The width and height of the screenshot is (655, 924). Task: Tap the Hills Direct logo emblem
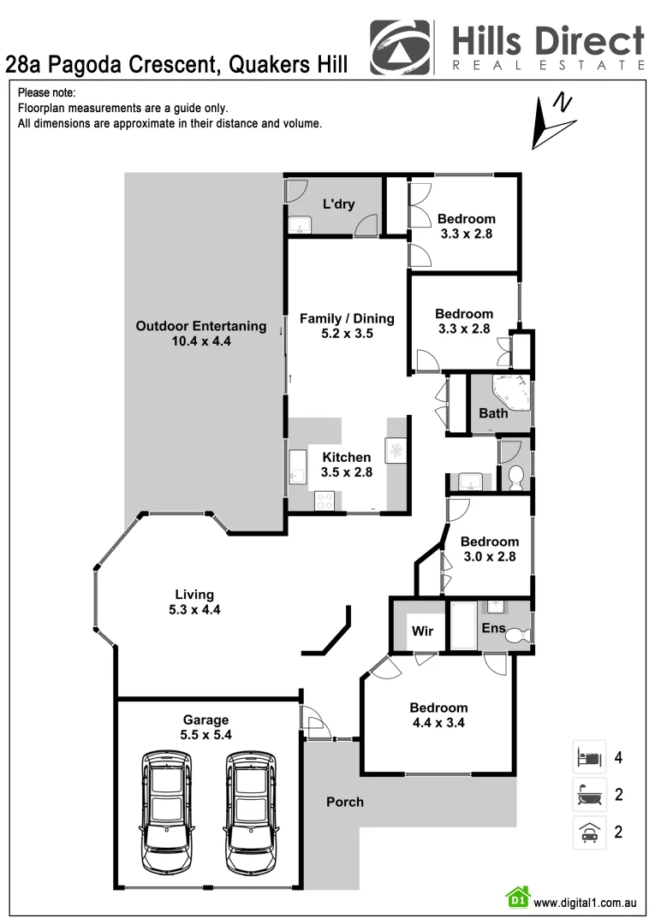tap(401, 48)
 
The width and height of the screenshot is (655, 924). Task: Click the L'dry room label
tap(338, 204)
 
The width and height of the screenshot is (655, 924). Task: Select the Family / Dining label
tap(347, 318)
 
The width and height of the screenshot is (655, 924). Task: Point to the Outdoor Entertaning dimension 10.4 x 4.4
tap(201, 341)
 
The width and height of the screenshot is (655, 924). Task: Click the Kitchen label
tap(346, 457)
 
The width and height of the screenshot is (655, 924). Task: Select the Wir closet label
tap(423, 631)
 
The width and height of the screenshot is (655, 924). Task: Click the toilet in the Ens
tap(519, 635)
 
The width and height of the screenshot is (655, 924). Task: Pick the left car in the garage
tap(168, 812)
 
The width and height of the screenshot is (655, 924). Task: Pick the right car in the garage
tap(252, 812)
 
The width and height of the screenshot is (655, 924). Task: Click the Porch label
tap(344, 802)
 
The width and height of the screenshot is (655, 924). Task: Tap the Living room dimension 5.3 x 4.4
tap(194, 610)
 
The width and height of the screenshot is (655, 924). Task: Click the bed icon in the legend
tap(588, 757)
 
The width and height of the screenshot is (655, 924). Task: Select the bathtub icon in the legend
tap(588, 795)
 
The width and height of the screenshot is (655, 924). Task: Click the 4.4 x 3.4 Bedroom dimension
tap(438, 722)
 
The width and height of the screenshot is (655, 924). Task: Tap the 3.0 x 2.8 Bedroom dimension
tap(489, 556)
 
